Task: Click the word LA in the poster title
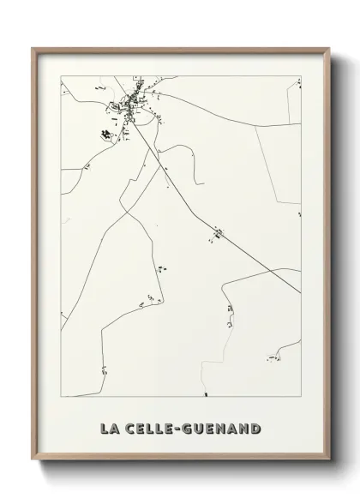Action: tap(110, 428)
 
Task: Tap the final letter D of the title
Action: tap(256, 428)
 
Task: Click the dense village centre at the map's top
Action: tap(135, 103)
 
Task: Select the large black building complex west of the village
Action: tap(107, 134)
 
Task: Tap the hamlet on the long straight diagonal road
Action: tap(218, 231)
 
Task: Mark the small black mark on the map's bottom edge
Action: tap(206, 394)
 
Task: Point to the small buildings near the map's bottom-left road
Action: tap(104, 370)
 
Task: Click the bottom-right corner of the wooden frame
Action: tap(329, 462)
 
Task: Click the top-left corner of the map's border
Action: tap(61, 76)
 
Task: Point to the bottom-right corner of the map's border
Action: tap(301, 396)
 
